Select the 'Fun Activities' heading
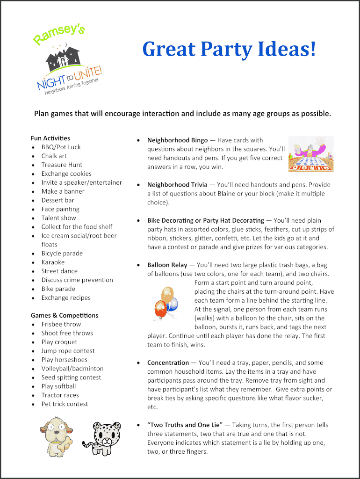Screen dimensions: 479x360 click(x=50, y=138)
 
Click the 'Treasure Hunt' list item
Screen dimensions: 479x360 click(x=62, y=165)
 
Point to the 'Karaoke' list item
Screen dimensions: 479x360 click(x=53, y=262)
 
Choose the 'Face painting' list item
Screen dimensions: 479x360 click(x=60, y=209)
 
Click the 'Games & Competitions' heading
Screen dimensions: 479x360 click(x=65, y=315)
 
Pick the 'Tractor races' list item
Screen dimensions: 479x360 click(x=60, y=395)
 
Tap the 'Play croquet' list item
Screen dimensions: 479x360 click(x=59, y=342)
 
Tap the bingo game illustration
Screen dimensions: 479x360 click(x=311, y=154)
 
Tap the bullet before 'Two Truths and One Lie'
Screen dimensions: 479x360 click(x=139, y=425)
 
